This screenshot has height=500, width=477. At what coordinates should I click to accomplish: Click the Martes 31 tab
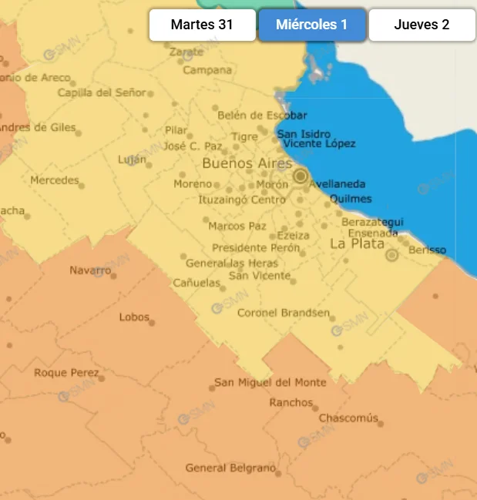[202, 25]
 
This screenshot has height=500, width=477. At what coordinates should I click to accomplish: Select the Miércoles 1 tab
[311, 25]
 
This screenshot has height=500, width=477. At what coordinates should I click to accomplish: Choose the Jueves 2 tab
[422, 25]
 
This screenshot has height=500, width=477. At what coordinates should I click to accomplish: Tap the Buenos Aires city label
[247, 163]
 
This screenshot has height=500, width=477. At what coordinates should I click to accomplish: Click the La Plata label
[357, 243]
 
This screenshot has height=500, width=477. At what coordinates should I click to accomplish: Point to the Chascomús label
[348, 418]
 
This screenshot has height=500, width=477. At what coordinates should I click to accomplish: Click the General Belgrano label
[230, 468]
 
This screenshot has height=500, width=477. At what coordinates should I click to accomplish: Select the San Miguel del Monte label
[270, 382]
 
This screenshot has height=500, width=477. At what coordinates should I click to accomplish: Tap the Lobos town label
[134, 317]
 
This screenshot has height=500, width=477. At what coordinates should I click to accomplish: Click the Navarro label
[90, 270]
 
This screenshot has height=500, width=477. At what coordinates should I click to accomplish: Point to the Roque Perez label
[66, 373]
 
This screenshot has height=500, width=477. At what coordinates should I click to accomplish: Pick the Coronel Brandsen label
[283, 313]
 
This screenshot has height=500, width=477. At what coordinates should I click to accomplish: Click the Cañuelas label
[196, 283]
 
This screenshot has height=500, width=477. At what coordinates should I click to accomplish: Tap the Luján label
[131, 159]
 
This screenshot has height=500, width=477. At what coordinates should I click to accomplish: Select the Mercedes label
[54, 180]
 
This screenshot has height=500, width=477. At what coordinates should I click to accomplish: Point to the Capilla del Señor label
[101, 92]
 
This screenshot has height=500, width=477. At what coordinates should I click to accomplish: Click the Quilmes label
[350, 199]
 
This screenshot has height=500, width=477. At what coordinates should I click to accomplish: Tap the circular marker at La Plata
[391, 255]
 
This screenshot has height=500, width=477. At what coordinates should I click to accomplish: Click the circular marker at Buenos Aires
[300, 177]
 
